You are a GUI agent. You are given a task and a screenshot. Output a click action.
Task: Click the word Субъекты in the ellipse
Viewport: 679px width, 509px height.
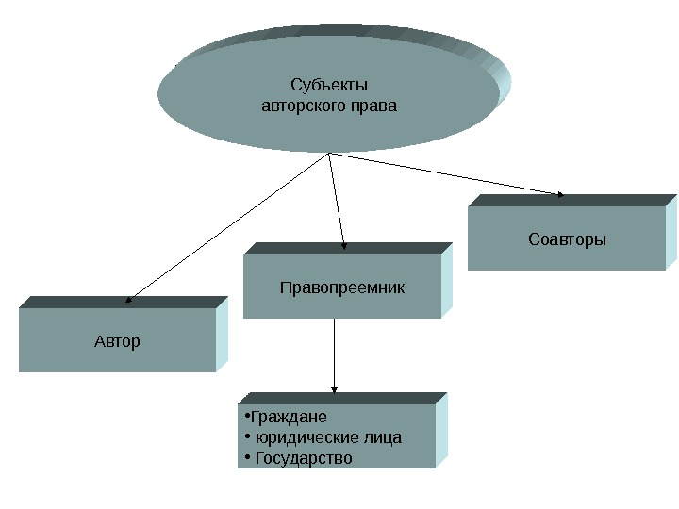click(329, 86)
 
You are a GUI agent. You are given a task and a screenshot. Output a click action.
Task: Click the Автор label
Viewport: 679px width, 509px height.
click(117, 341)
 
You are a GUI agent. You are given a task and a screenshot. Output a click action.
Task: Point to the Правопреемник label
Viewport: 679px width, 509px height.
click(341, 287)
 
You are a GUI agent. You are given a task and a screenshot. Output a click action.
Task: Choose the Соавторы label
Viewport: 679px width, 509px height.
click(567, 239)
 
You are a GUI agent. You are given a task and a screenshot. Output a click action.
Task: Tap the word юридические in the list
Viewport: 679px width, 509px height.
click(301, 437)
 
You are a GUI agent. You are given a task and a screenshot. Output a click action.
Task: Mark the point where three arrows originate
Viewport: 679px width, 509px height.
click(328, 153)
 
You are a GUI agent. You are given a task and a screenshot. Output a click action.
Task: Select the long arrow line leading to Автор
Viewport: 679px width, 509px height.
click(226, 228)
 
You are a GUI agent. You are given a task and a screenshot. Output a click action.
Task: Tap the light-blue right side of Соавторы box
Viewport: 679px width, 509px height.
click(671, 233)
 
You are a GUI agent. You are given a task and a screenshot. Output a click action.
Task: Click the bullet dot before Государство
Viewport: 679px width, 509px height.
click(245, 458)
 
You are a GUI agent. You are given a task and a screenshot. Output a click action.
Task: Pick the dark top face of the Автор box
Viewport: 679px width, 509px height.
click(123, 303)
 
